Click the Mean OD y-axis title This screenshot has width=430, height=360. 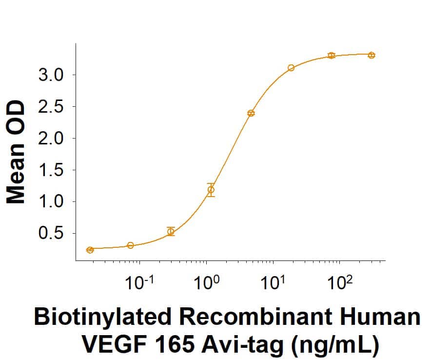tap(16, 152)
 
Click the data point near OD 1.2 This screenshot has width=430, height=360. tap(211, 189)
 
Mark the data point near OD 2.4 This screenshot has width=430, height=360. tap(251, 113)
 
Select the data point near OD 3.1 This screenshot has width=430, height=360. tap(291, 68)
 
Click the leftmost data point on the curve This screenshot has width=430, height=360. tap(90, 250)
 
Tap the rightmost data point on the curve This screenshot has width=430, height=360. tap(371, 55)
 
